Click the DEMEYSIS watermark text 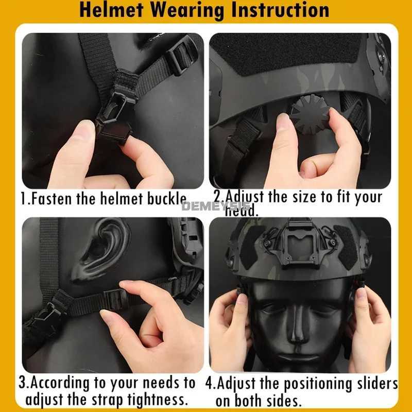point(215,207)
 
